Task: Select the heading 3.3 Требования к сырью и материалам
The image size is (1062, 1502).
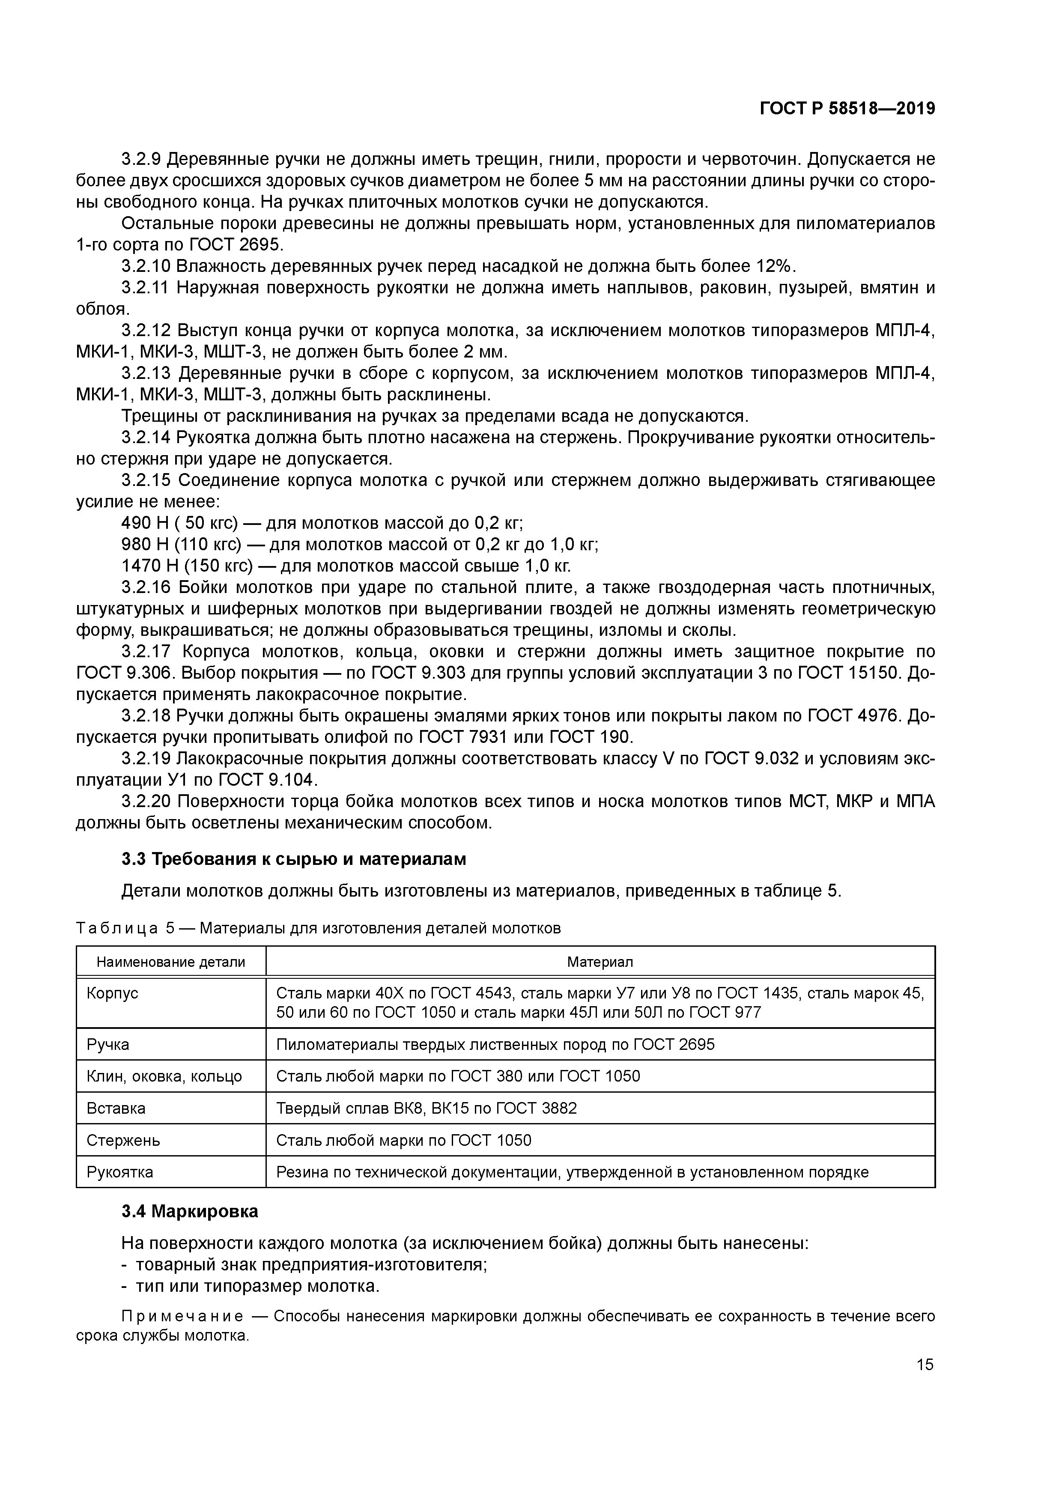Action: click(294, 859)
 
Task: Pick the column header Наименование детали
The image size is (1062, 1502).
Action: click(171, 962)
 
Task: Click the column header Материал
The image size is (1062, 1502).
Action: click(600, 962)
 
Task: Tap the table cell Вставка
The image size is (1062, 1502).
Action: click(116, 1108)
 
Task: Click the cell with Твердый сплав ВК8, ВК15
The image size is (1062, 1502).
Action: click(426, 1108)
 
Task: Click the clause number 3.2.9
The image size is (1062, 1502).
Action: click(141, 159)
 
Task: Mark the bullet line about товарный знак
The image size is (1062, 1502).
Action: click(310, 1264)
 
